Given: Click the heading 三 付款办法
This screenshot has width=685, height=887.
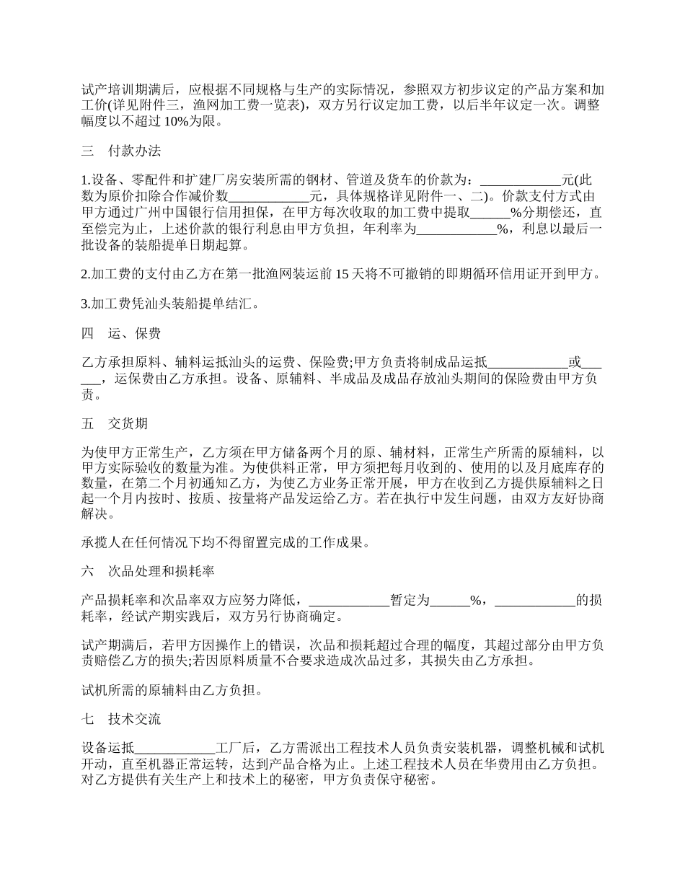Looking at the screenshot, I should tap(121, 151).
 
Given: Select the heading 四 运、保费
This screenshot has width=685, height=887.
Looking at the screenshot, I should tap(121, 333).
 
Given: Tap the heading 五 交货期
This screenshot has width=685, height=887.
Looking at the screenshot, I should tap(115, 424).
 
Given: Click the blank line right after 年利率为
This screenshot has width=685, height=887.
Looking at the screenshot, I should tap(457, 229).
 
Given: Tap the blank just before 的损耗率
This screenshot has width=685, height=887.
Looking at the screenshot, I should tap(535, 601).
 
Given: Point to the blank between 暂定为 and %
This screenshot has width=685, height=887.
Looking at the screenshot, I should tap(449, 601).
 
